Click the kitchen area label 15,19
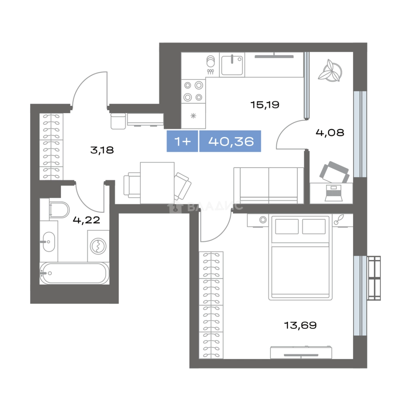[x=265, y=105]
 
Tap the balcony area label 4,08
[x=330, y=133]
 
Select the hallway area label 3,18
[x=102, y=150]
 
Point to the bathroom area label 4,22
[x=86, y=220]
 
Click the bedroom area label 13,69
[x=300, y=325]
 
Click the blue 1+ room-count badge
[x=182, y=141]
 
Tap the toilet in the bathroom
[x=59, y=210]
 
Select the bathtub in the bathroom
[x=74, y=273]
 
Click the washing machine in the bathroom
[x=98, y=246]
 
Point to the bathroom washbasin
[x=49, y=241]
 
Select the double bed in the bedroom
[x=300, y=258]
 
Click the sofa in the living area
[x=269, y=185]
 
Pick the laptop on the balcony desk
[x=333, y=193]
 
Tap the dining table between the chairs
[x=157, y=183]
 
